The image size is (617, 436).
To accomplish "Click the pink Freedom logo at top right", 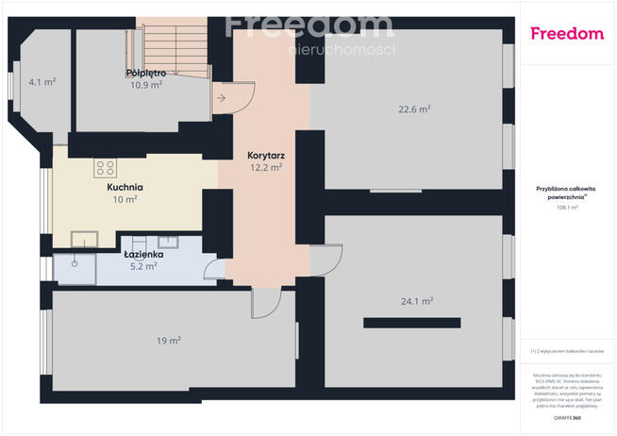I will click(567, 34).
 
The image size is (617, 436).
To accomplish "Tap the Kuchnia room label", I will click(125, 187).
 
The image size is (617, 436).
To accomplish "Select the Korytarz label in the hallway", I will click(266, 154).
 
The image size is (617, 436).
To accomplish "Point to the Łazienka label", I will click(144, 254).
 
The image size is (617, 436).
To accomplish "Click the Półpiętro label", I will click(146, 73).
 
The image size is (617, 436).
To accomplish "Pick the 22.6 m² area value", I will click(414, 109).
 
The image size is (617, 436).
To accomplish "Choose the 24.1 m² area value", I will click(416, 301).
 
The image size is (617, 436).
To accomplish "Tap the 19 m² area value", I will click(169, 341).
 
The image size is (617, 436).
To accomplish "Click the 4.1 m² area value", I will click(42, 82).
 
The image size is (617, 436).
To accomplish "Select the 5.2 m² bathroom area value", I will click(144, 266).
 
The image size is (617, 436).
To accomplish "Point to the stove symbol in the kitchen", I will click(105, 169).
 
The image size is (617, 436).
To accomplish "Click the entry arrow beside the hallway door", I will click(221, 96).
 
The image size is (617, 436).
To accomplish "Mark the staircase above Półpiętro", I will click(171, 42).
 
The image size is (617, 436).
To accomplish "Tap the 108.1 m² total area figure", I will click(567, 207).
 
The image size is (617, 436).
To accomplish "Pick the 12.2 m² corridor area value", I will click(266, 167).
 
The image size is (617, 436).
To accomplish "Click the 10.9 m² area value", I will click(146, 84).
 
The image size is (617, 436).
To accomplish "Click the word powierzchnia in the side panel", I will click(567, 198).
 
